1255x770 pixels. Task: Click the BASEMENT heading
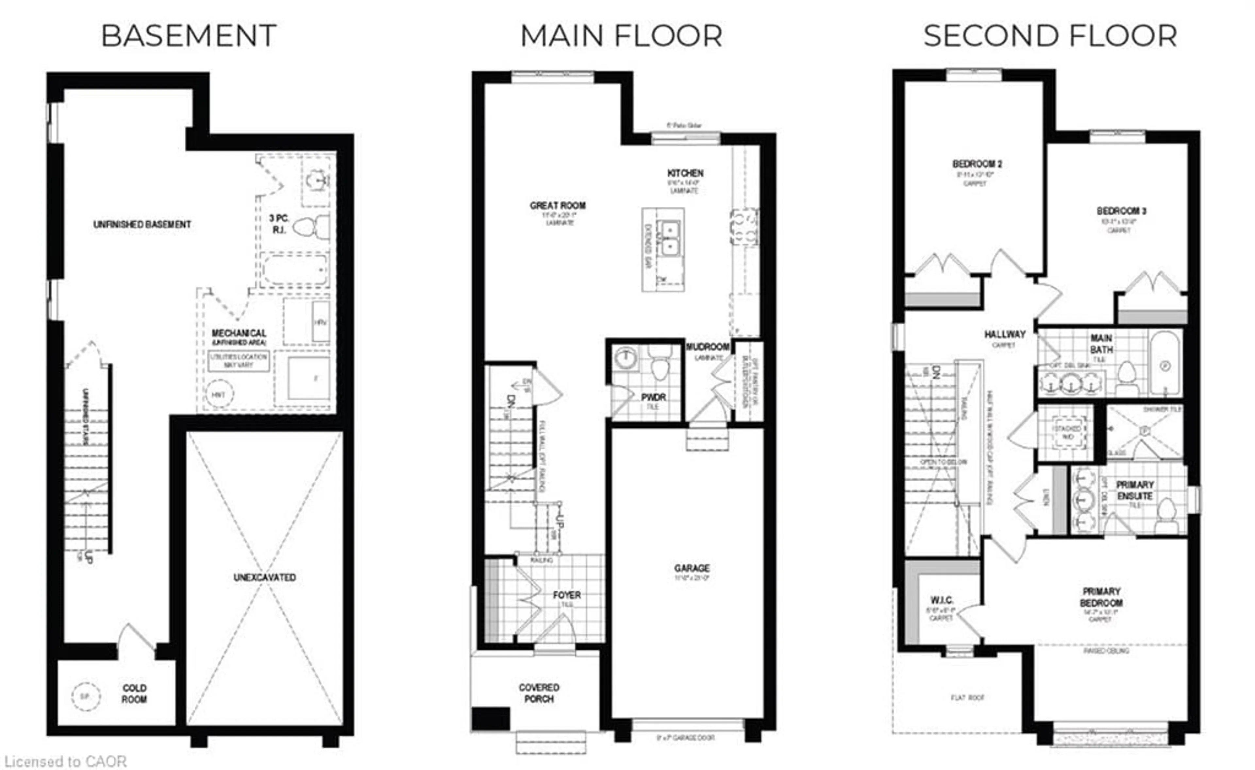(x=189, y=36)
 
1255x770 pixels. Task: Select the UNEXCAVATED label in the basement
(x=264, y=577)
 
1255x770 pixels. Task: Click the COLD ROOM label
(x=134, y=693)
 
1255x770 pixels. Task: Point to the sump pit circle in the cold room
(x=86, y=695)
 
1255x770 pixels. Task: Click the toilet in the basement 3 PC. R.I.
(x=310, y=227)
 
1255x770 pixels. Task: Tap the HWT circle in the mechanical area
(x=219, y=394)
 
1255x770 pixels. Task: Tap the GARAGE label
(x=692, y=568)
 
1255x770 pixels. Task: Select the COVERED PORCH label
(x=539, y=693)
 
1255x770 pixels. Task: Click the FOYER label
(x=566, y=595)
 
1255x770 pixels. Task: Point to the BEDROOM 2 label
(x=977, y=164)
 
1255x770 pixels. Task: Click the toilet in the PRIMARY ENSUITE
(x=1166, y=515)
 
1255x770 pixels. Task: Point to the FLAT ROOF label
(x=967, y=698)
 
